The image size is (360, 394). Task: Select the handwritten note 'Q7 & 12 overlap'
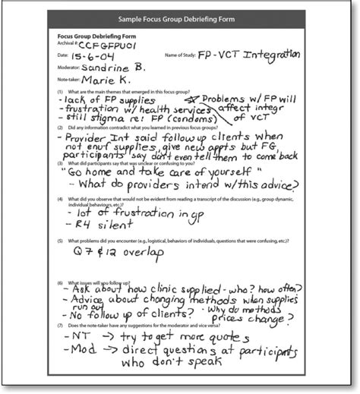tap(116, 254)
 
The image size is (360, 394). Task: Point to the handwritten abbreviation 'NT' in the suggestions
tap(75, 336)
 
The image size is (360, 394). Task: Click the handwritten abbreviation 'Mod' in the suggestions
tap(77, 351)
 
